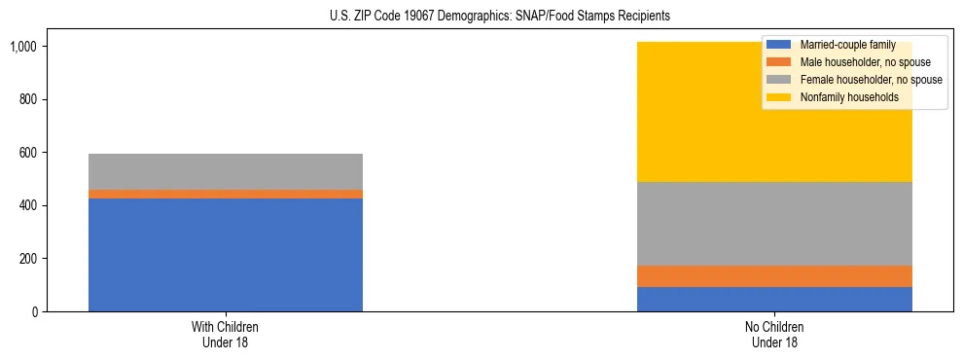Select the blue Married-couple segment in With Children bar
[225, 255]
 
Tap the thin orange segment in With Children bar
[225, 195]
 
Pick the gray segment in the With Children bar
[225, 171]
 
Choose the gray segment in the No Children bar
[774, 224]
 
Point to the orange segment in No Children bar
[774, 276]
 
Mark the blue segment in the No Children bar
[774, 300]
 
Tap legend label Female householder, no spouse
[869, 80]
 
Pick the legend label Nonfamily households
[842, 97]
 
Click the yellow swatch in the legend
[779, 97]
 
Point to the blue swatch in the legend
[779, 45]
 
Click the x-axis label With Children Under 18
[225, 335]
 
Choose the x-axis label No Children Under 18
[774, 335]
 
